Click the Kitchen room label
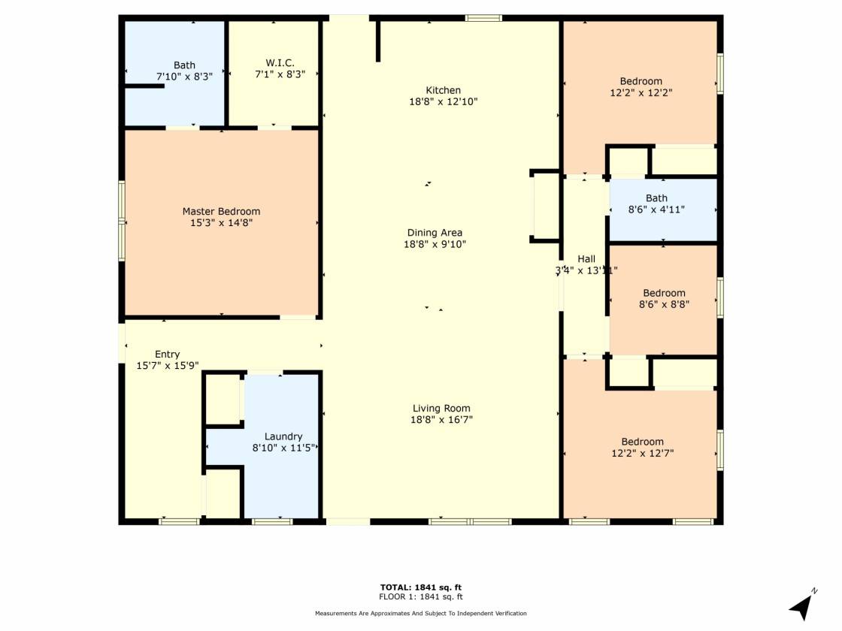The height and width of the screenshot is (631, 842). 443,90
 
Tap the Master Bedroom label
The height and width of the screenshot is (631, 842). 221,211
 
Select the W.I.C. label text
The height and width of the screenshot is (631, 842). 280,63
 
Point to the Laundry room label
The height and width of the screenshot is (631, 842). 283,436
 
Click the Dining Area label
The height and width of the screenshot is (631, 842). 435,233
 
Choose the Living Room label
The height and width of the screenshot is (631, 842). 441,409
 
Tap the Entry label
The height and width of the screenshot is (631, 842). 167,354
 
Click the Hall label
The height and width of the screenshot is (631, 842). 586,259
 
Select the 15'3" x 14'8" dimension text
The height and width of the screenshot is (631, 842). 221,222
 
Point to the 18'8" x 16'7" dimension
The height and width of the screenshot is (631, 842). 441,420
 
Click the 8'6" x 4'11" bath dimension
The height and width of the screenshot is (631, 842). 656,210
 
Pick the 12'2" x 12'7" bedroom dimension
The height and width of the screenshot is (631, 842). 642,453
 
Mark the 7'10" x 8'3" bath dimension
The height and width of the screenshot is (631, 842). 184,77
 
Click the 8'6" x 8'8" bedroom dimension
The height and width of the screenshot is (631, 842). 664,304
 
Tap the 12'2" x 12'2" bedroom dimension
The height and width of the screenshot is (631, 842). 641,92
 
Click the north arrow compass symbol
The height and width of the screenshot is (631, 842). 802,606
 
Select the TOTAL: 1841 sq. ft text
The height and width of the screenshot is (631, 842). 420,587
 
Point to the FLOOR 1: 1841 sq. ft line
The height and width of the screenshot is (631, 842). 420,596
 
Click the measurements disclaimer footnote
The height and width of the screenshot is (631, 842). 420,613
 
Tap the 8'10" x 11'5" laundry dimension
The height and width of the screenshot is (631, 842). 283,448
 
